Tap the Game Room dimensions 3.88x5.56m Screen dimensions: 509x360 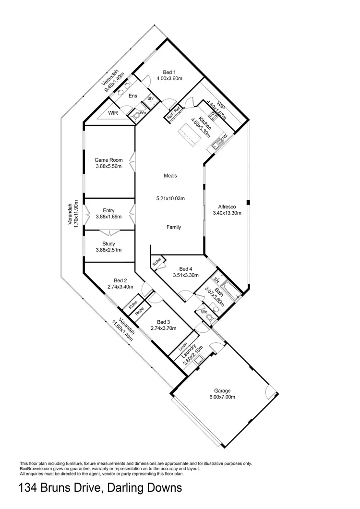(x=108, y=167)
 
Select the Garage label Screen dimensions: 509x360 (x=221, y=390)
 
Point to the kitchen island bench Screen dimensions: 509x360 (x=189, y=135)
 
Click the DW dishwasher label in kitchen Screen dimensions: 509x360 (x=224, y=138)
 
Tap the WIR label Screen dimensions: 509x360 (x=113, y=113)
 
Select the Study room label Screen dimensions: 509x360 (x=108, y=243)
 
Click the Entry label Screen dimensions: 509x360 (x=108, y=210)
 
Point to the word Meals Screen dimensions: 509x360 (x=170, y=176)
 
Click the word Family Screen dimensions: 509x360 (x=174, y=227)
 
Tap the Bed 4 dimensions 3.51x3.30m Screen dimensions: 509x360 (x=185, y=275)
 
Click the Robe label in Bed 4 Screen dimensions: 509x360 (x=157, y=263)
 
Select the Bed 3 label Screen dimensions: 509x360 (x=164, y=322)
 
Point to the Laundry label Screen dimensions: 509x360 (x=191, y=351)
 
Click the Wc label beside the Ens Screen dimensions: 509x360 (x=143, y=113)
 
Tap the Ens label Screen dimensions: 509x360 (x=133, y=96)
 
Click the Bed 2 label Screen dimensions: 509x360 (x=120, y=280)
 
